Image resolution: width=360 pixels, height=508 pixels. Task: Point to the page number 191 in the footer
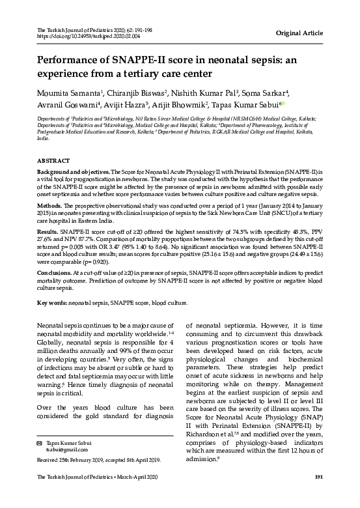(319, 496)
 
